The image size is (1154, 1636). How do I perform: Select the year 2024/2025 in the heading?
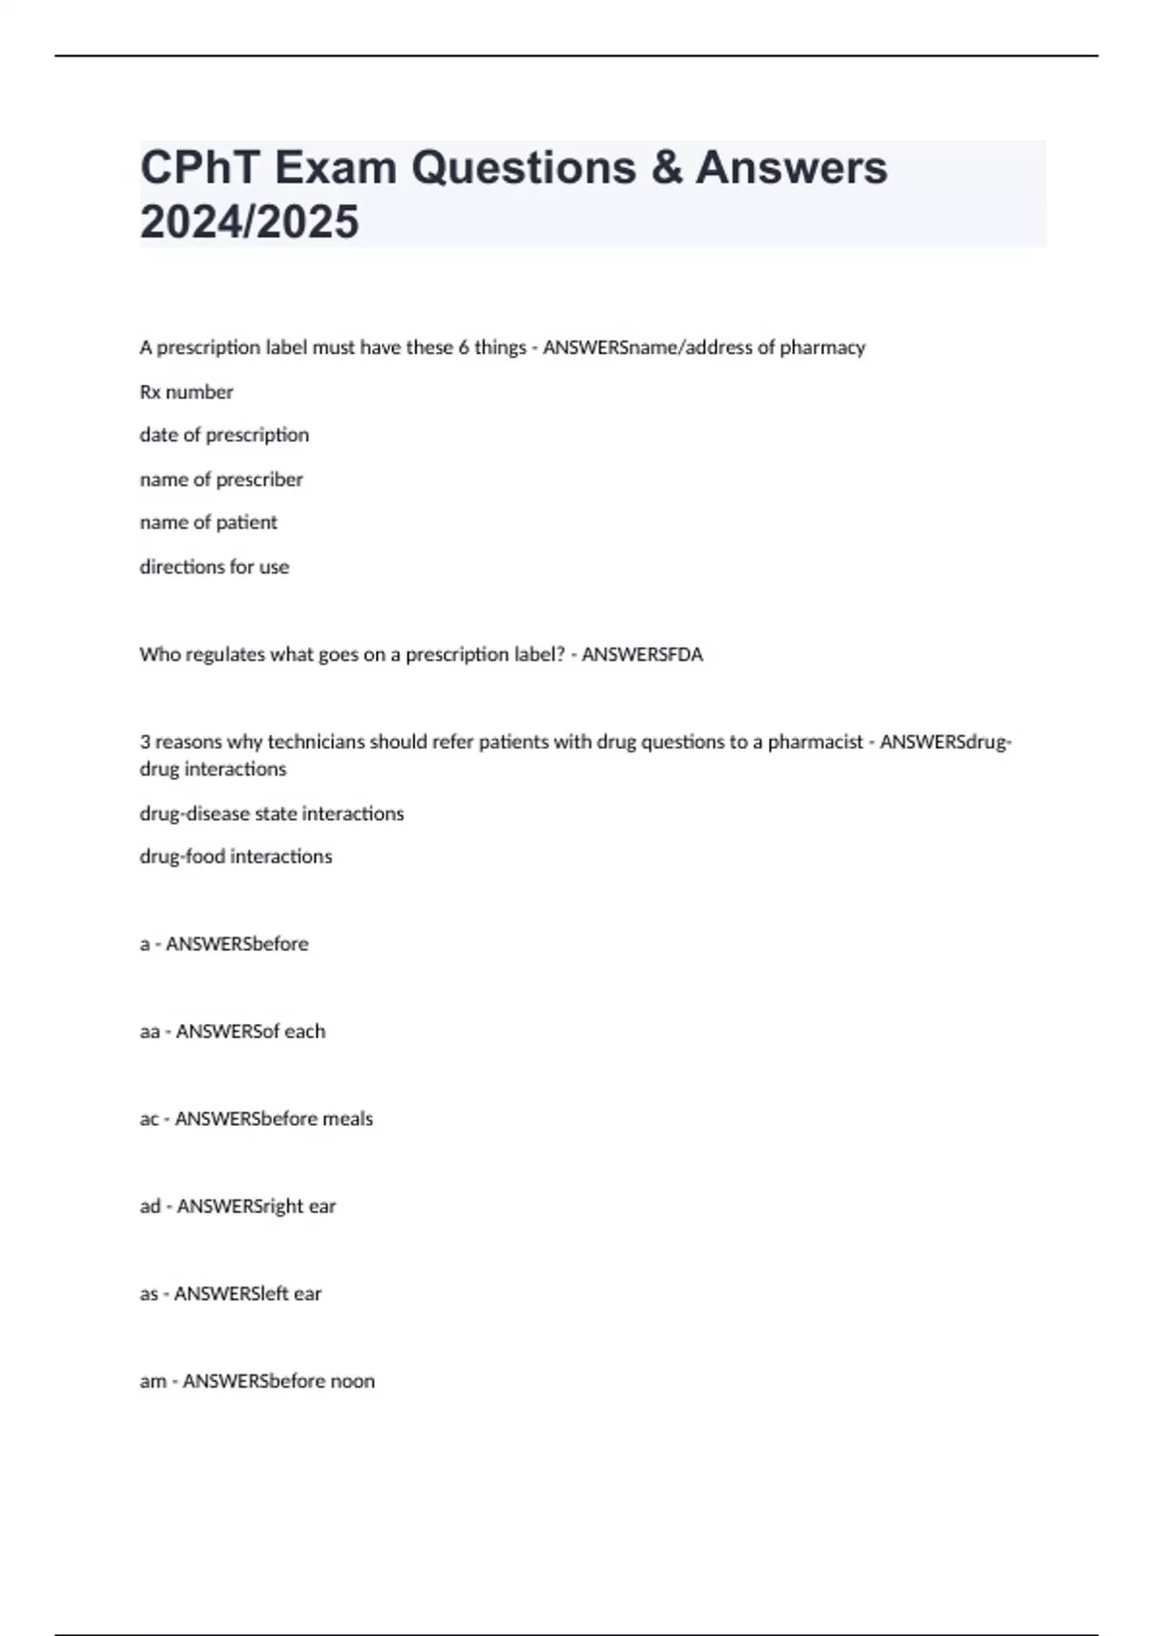[249, 221]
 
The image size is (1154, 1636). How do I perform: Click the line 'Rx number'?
[187, 392]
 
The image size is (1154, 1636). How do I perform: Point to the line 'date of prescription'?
[224, 435]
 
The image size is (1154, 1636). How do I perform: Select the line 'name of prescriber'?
[221, 479]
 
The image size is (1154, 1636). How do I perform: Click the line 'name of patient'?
[208, 523]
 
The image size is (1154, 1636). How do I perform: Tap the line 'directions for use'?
[214, 567]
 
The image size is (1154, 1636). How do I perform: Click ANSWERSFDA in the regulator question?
[642, 654]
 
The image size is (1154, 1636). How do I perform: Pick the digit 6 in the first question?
[464, 347]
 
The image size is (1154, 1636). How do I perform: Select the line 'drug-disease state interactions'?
[271, 813]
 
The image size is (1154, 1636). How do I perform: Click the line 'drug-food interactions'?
[236, 856]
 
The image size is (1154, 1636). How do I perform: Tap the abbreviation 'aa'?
[149, 1032]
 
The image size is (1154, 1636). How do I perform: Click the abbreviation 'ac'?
[149, 1119]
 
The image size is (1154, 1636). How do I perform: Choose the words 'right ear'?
[297, 1207]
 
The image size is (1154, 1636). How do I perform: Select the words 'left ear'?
[292, 1294]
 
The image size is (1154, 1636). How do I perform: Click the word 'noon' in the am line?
[352, 1382]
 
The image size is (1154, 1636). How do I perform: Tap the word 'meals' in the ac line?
[347, 1119]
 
